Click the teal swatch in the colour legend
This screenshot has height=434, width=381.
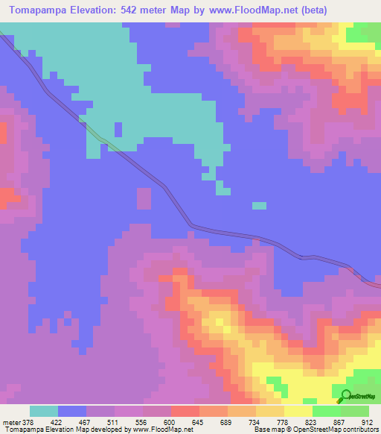[44, 411]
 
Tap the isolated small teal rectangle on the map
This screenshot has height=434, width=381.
[259, 205]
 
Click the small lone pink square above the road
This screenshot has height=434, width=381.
[144, 198]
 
